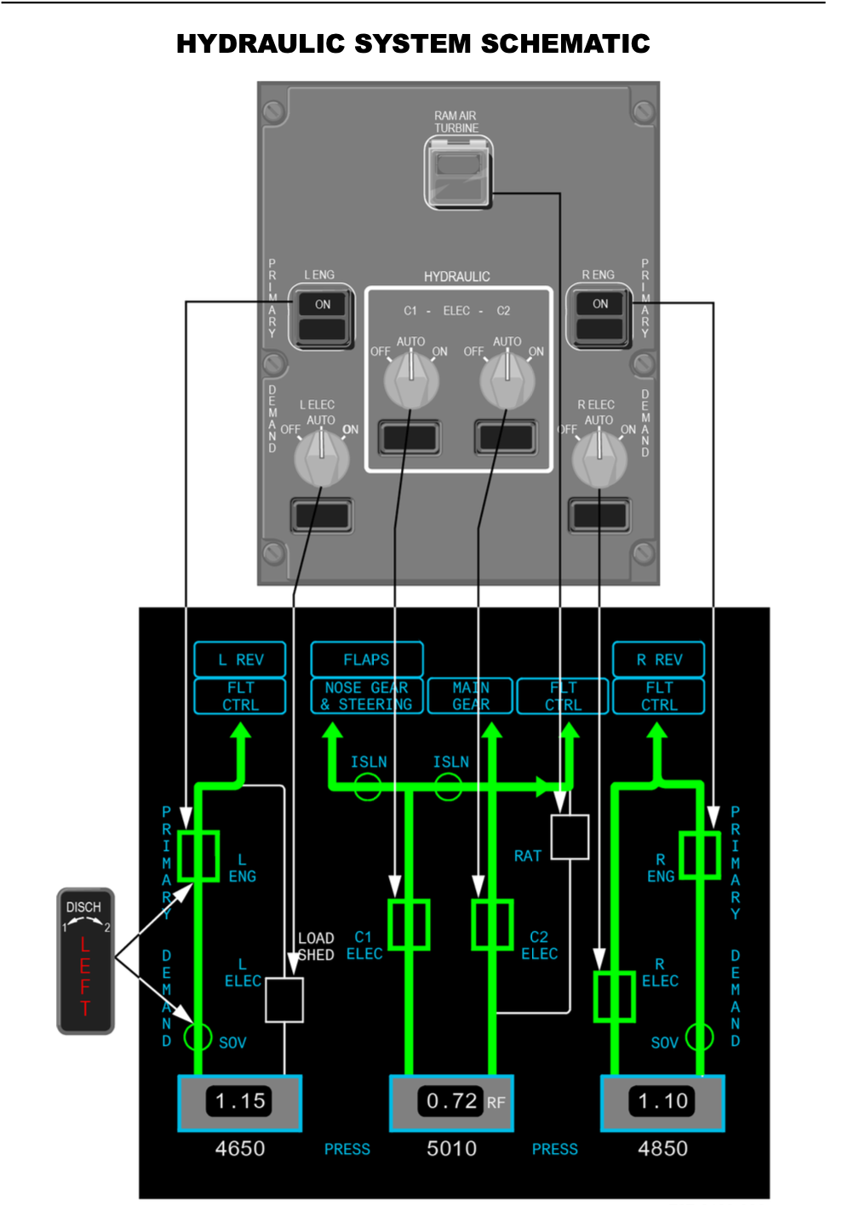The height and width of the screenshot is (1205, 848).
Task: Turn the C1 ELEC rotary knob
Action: click(x=411, y=380)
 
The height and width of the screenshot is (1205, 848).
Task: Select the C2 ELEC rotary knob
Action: click(x=507, y=380)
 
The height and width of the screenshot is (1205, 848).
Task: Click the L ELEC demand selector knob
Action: click(x=321, y=458)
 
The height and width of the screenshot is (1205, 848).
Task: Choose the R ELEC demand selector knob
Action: click(x=599, y=458)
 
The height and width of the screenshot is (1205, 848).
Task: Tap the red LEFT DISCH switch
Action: click(x=85, y=962)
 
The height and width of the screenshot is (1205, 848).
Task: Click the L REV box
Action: click(x=240, y=660)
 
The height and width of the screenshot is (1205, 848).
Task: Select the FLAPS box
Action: click(x=366, y=660)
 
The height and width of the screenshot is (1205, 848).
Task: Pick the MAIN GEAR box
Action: click(x=471, y=696)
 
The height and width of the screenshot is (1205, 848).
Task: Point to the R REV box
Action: click(x=659, y=660)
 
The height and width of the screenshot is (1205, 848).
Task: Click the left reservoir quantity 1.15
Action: click(x=240, y=1101)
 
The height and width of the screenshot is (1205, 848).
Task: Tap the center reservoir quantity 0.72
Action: click(x=451, y=1101)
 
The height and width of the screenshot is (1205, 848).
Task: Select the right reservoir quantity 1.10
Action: click(x=663, y=1101)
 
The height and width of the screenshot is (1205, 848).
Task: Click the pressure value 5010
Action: click(x=451, y=1149)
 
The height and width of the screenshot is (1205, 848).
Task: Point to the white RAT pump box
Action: click(x=570, y=837)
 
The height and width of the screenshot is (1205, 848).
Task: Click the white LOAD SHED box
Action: click(x=284, y=999)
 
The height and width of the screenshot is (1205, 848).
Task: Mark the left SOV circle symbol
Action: click(x=198, y=1037)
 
